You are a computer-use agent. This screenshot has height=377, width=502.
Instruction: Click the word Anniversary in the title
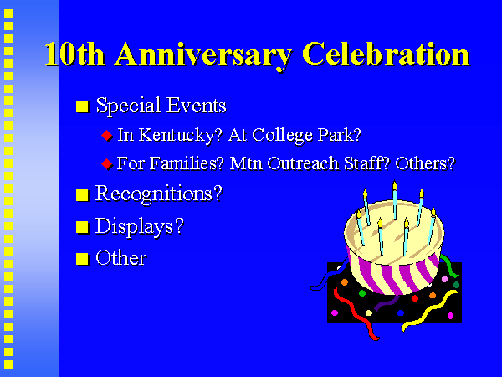pyautogui.click(x=203, y=55)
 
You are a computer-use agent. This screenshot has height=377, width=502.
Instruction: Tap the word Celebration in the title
pyautogui.click(x=386, y=54)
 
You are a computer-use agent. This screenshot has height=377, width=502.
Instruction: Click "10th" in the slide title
pyautogui.click(x=75, y=54)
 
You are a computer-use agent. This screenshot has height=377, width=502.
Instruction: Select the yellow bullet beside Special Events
pyautogui.click(x=82, y=106)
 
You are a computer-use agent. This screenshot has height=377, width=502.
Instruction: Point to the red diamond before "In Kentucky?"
pyautogui.click(x=107, y=136)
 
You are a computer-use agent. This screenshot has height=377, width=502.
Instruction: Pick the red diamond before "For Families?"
pyautogui.click(x=107, y=164)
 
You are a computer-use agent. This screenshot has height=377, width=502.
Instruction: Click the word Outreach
pyautogui.click(x=303, y=163)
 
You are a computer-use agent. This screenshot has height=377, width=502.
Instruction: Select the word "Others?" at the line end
pyautogui.click(x=425, y=163)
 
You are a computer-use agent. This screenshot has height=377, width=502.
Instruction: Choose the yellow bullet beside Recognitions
pyautogui.click(x=82, y=195)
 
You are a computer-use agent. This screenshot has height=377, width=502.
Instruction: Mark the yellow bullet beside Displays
pyautogui.click(x=82, y=227)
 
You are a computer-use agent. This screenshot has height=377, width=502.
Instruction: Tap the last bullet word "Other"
pyautogui.click(x=121, y=258)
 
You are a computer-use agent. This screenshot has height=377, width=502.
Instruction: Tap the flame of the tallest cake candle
pyautogui.click(x=395, y=185)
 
